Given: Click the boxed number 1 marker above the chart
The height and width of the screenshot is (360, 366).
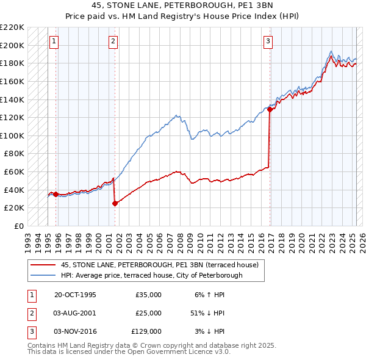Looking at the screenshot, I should [x=54, y=41].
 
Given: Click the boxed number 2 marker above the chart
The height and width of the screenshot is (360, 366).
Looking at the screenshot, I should [x=113, y=41].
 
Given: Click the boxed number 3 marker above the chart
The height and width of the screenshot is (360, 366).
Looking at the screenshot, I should [x=268, y=41].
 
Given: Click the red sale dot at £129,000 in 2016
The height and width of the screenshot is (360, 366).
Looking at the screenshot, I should [x=270, y=110].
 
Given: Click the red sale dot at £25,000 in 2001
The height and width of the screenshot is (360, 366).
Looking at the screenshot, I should [x=115, y=203].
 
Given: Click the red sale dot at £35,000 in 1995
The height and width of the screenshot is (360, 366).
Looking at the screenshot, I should [x=56, y=194].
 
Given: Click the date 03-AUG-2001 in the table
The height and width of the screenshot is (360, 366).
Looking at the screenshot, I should [x=75, y=313].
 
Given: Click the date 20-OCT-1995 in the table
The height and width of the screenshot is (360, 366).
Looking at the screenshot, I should [x=75, y=295].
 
